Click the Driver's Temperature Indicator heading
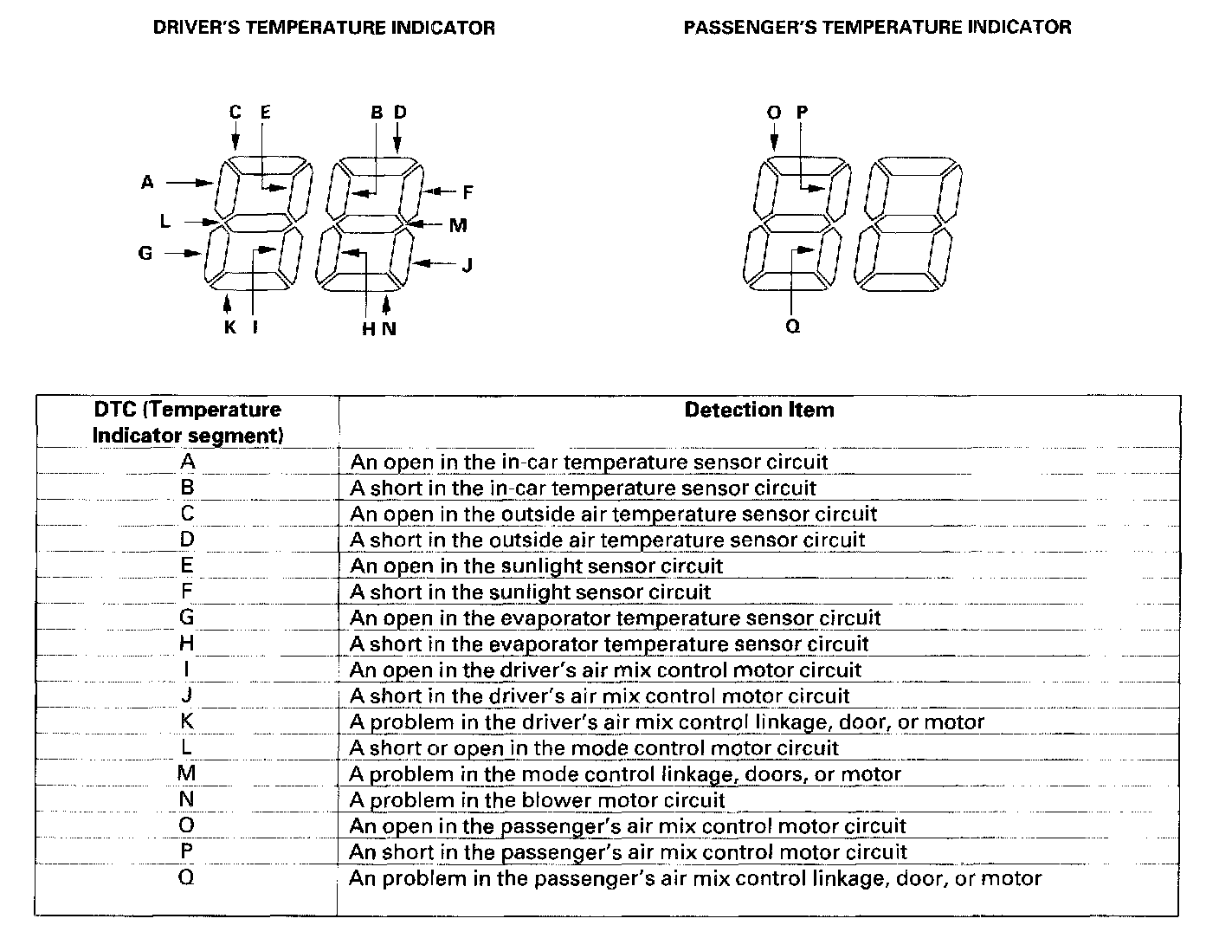tap(324, 28)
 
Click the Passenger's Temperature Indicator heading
tap(877, 27)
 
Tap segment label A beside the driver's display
tap(147, 183)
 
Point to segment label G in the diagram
tap(145, 253)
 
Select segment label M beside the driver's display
tap(458, 226)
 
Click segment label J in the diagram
tap(467, 264)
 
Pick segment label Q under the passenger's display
tap(793, 327)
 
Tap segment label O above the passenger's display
tap(774, 113)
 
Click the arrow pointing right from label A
tap(190, 183)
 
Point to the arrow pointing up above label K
tap(227, 303)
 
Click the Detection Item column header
tap(758, 410)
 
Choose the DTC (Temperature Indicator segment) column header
tap(187, 422)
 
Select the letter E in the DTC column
tap(187, 566)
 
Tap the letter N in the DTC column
tap(187, 799)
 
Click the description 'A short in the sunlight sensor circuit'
tap(530, 592)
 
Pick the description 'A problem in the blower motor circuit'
tap(537, 800)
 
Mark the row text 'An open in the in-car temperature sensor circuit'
tap(589, 463)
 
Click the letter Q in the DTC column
tap(186, 877)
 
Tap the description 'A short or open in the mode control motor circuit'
tap(594, 748)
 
